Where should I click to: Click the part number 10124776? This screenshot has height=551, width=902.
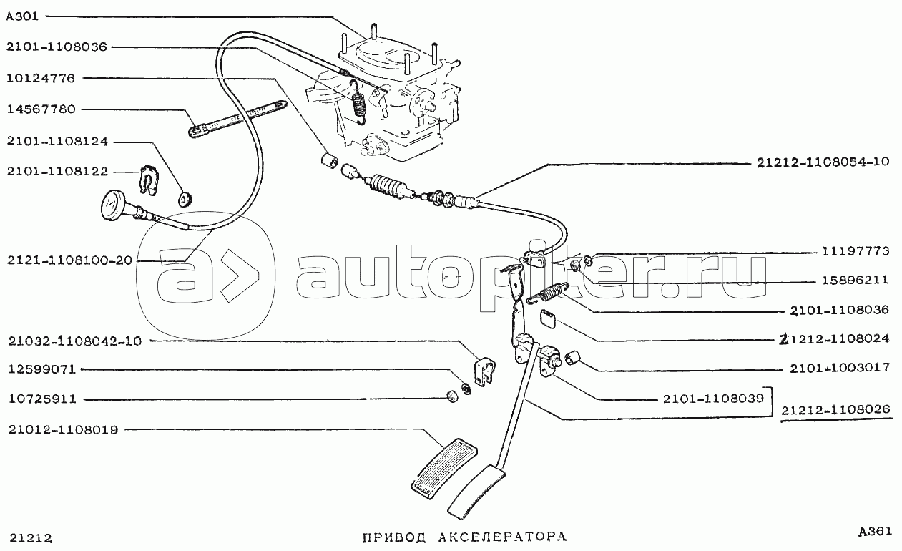coord(44,78)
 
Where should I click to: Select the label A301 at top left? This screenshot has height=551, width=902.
coord(21,15)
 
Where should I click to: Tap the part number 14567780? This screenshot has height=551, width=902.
coord(44,109)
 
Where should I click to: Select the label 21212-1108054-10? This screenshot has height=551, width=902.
coord(823,162)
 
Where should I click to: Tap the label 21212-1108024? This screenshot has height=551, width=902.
coord(835,339)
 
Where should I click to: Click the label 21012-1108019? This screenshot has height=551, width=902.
coord(64,430)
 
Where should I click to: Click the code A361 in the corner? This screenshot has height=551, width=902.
coord(874,532)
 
